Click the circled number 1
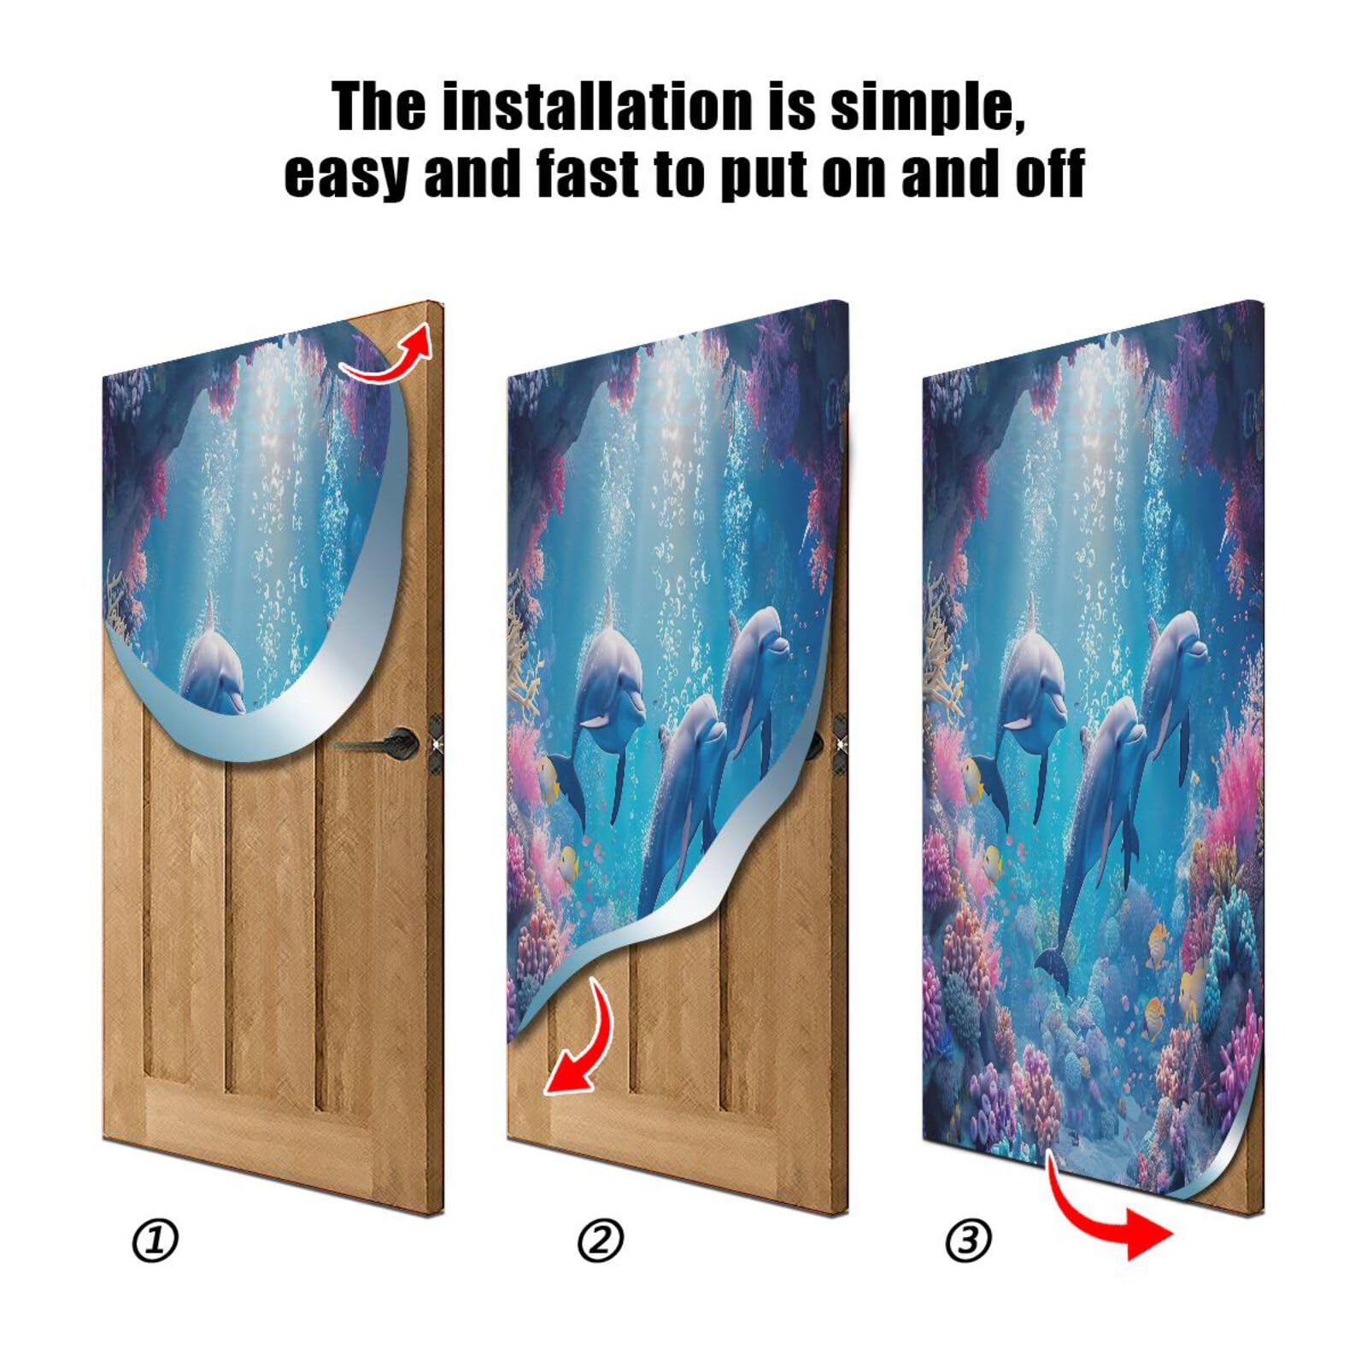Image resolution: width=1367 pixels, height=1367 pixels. pos(155,1241)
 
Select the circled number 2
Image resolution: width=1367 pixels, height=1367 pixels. pos(601,1241)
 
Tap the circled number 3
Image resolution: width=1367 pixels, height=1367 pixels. pos(968,1241)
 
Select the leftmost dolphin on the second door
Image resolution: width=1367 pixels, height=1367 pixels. pos(608,683)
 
